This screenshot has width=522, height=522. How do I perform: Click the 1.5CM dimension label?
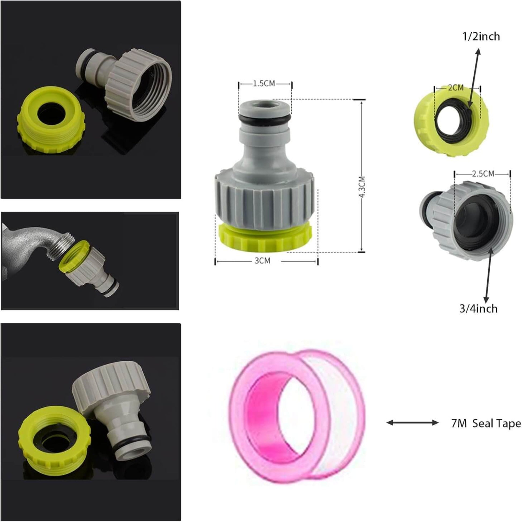264,83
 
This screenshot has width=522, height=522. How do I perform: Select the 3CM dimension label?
262,261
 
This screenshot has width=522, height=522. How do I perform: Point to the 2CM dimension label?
455,88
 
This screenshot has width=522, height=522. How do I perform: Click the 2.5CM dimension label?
483,174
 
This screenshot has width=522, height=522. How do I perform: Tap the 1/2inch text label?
481,36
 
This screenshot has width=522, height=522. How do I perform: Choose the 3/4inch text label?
479,308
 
